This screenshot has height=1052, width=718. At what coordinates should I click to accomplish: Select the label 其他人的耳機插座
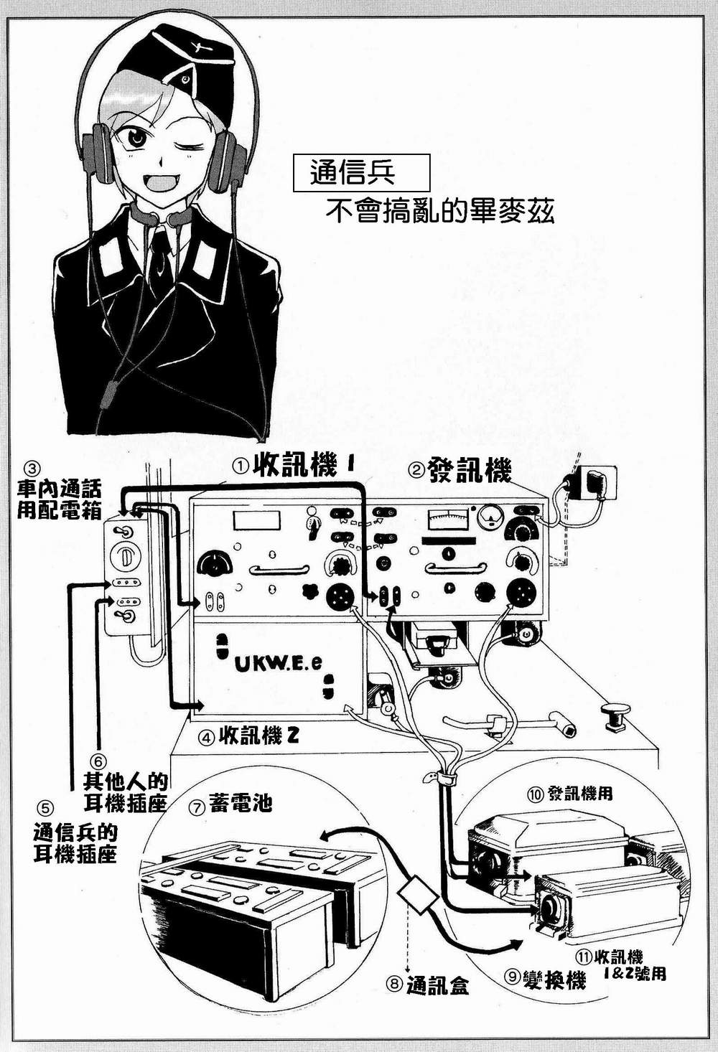click(x=126, y=792)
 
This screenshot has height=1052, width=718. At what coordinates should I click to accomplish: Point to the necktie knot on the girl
click(x=159, y=238)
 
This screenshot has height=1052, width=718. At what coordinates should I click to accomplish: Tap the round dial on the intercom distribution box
click(x=126, y=558)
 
